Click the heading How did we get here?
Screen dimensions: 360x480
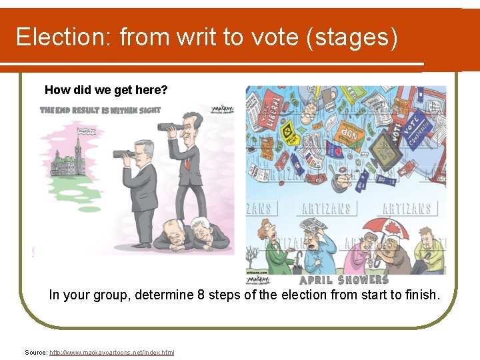[106, 90]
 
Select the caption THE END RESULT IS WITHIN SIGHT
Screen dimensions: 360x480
[100, 110]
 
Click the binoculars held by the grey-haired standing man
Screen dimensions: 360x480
[125, 154]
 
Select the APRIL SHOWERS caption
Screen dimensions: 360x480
[344, 280]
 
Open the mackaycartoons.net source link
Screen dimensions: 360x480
[111, 352]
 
